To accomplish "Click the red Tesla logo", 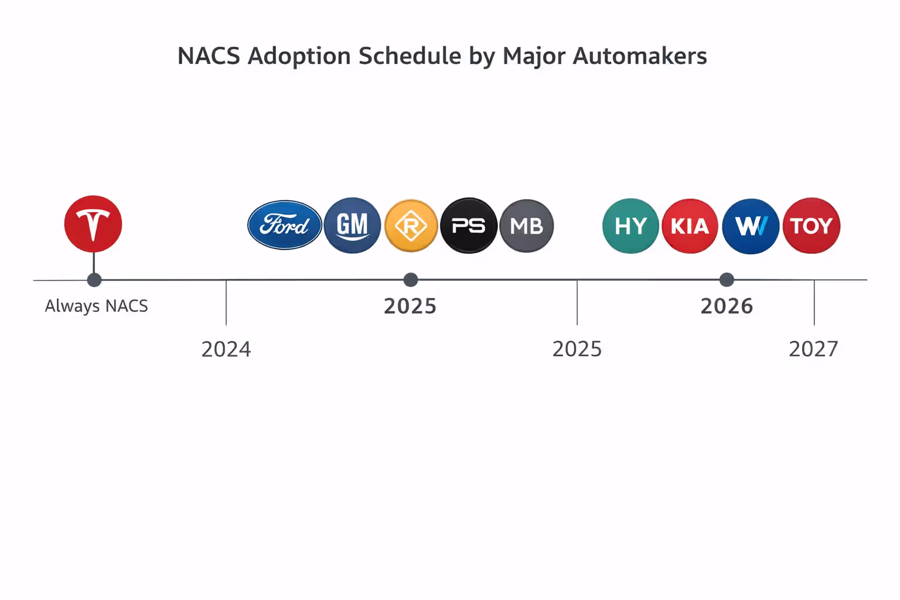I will (x=93, y=224).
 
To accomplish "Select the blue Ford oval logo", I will (x=285, y=225).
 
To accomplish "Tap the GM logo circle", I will (x=352, y=225).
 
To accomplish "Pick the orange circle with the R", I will (x=411, y=226).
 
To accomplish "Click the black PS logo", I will (x=469, y=226).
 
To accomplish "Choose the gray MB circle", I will (x=526, y=226).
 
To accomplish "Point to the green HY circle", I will (x=630, y=226).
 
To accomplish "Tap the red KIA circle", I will (x=690, y=226).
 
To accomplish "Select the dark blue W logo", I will (x=751, y=226).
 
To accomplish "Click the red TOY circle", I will (x=811, y=226).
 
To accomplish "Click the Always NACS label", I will (x=97, y=306).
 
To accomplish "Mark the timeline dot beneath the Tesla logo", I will (x=94, y=280).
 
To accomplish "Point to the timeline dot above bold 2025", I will (x=411, y=279).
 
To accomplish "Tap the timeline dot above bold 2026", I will (x=727, y=279).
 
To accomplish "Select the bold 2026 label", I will (x=727, y=306).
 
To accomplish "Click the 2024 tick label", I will (x=226, y=349).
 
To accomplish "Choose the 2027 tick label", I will (x=813, y=349).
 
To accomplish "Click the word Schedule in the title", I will (x=410, y=56).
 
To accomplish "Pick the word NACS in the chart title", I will (x=209, y=56).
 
